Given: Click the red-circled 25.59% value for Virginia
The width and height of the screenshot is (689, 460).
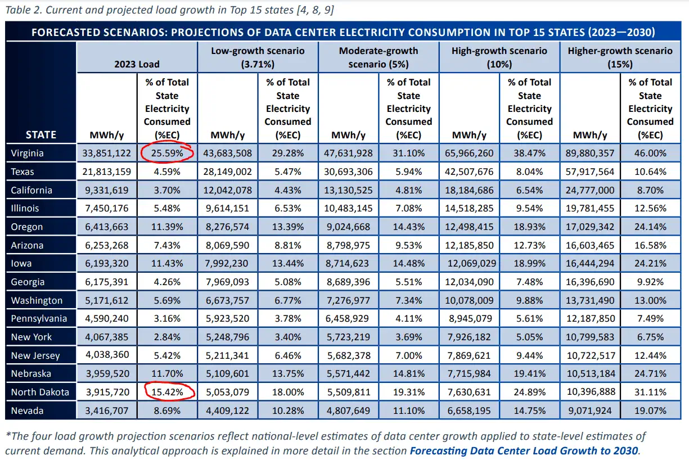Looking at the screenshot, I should (x=167, y=153).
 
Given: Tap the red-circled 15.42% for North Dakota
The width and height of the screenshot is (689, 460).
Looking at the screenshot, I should (x=167, y=392).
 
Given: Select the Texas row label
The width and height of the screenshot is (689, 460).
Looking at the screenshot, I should (x=22, y=172).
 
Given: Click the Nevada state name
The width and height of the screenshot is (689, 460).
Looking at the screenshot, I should (x=27, y=411).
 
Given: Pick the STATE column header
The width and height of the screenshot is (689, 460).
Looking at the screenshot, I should (x=41, y=135).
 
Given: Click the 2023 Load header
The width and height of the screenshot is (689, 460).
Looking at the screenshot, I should (x=137, y=64).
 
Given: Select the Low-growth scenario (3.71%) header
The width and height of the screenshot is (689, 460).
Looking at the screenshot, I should (x=258, y=57).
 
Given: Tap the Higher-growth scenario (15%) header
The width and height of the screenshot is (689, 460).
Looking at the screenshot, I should (x=620, y=57).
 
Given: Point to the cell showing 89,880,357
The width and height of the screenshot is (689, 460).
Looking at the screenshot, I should (x=589, y=153).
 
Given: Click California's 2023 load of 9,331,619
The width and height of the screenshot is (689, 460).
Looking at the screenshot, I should (x=106, y=190).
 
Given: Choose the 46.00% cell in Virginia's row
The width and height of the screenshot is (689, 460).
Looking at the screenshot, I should (x=650, y=153).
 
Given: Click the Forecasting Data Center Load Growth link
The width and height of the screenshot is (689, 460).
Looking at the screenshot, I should (x=524, y=450).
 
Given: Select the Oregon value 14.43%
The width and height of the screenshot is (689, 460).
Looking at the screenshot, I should (x=408, y=227).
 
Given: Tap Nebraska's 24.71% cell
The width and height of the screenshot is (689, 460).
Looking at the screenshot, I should (x=650, y=374).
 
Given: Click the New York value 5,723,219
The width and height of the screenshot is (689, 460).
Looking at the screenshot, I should (x=348, y=337).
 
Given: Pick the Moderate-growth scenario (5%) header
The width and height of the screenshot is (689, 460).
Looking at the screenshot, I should (x=379, y=57).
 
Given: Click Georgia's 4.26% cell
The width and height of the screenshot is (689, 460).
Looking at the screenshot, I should (x=167, y=282).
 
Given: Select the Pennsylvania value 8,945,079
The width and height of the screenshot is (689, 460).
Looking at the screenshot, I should (x=470, y=318).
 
